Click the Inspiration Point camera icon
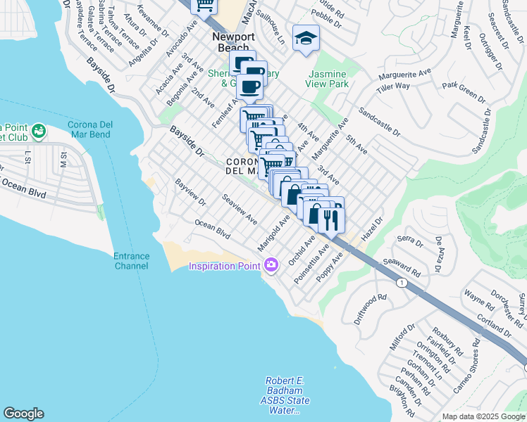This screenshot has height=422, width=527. (272, 265)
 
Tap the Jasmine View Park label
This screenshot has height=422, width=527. (327, 79)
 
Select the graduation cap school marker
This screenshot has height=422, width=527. (306, 37)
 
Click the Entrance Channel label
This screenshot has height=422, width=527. (131, 261)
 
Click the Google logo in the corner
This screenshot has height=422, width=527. (23, 414)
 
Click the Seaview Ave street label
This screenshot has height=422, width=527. (240, 210)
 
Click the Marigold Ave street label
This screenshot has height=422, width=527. (274, 228)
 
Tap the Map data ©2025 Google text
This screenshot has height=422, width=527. (483, 416)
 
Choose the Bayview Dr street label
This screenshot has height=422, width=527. (190, 192)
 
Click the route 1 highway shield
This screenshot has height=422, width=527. (401, 282)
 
